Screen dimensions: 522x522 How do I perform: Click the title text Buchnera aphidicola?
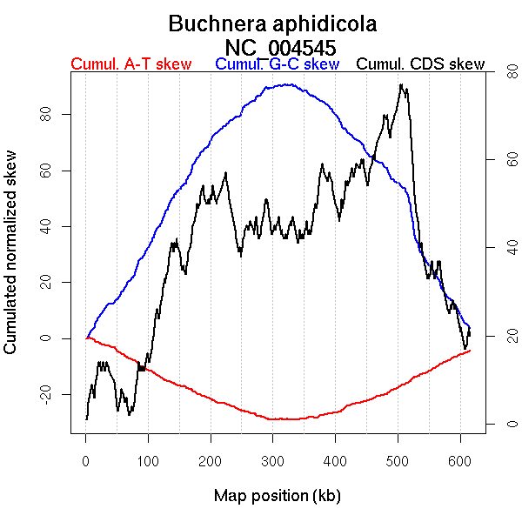272,23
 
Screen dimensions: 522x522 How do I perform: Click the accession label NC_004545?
280,47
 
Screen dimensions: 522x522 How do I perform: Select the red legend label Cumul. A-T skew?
130,64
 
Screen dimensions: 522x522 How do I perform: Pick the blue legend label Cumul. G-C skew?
277,64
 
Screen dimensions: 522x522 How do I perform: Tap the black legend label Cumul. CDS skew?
421,64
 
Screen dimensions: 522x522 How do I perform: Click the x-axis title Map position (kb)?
277,496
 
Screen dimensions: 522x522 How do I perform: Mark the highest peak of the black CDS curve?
400,84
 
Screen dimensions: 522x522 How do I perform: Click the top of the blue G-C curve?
287,84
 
